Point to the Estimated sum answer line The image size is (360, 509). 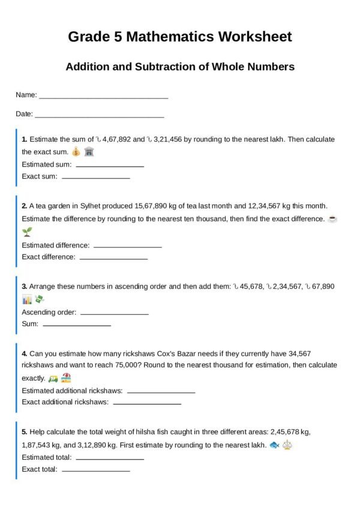point(110,166)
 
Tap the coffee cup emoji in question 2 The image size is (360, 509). point(333,219)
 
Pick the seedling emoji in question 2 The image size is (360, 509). point(27,232)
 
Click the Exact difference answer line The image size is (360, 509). point(113,258)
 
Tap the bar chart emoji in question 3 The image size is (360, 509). point(27,299)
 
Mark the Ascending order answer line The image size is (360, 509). point(114,314)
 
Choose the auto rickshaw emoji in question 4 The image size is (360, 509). point(53,378)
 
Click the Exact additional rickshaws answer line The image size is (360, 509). point(147,403)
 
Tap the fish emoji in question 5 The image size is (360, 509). point(275,445)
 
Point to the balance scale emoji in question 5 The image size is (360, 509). point(288,445)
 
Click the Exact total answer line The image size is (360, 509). point(96,471)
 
